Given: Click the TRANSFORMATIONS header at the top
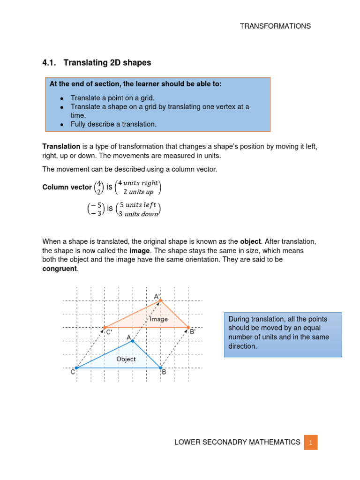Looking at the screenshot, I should coord(275,26).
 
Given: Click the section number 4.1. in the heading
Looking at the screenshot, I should coord(50,62).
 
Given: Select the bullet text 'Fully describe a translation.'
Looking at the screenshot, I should coord(113,124).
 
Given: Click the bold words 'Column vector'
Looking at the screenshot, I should coord(67,187).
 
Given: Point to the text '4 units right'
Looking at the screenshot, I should coord(138,183).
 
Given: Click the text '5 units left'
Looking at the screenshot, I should coord(138,205).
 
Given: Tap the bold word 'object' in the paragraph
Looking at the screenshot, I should coord(250,241).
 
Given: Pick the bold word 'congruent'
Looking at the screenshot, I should coord(59,268).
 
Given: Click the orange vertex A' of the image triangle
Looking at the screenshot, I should coord(160,300).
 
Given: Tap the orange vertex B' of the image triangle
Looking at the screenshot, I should coord(188,328).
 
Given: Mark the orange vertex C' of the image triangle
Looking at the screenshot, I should coord(105,328).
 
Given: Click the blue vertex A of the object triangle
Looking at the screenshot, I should coord(133,341).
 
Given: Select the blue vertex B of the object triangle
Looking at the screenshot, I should coord(160,368).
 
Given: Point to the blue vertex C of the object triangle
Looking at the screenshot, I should coord(76,368).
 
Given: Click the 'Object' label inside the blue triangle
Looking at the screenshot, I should coord(126,359).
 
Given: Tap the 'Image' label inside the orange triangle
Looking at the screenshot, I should coord(159,319).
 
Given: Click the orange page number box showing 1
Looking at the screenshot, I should coord(310,442).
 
